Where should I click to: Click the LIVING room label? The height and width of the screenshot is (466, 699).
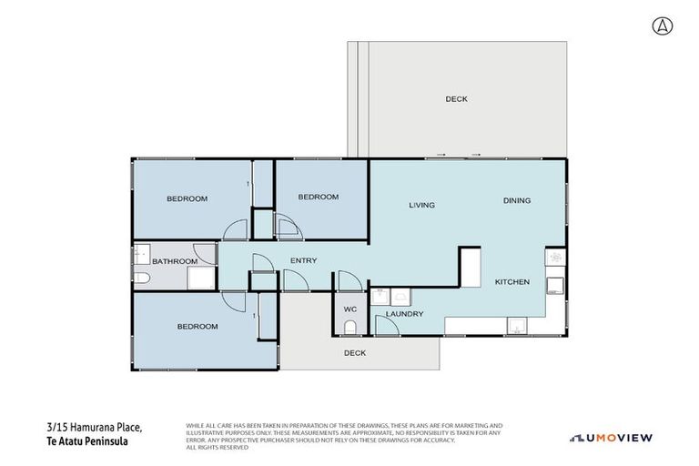[421, 205]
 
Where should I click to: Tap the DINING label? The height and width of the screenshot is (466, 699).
[516, 201]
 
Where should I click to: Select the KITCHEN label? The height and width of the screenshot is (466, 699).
[512, 282]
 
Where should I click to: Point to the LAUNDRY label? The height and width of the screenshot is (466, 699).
[404, 314]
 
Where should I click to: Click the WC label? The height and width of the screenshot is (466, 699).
[349, 309]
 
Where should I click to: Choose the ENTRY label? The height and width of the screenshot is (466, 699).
[303, 261]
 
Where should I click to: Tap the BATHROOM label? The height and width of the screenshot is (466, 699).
[174, 262]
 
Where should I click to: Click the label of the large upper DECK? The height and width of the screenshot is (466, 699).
[456, 99]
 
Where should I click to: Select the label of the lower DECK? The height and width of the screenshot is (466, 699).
[354, 353]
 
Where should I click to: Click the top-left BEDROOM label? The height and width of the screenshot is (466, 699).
[187, 198]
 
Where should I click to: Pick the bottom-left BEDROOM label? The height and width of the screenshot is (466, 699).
[197, 326]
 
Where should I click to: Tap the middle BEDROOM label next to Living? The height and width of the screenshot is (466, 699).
[318, 197]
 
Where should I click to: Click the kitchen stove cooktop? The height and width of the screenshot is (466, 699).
[554, 258]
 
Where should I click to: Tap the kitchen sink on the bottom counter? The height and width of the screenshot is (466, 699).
[517, 326]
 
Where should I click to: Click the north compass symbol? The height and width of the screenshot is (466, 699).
[662, 26]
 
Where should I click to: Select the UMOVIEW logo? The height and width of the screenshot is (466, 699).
[611, 438]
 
